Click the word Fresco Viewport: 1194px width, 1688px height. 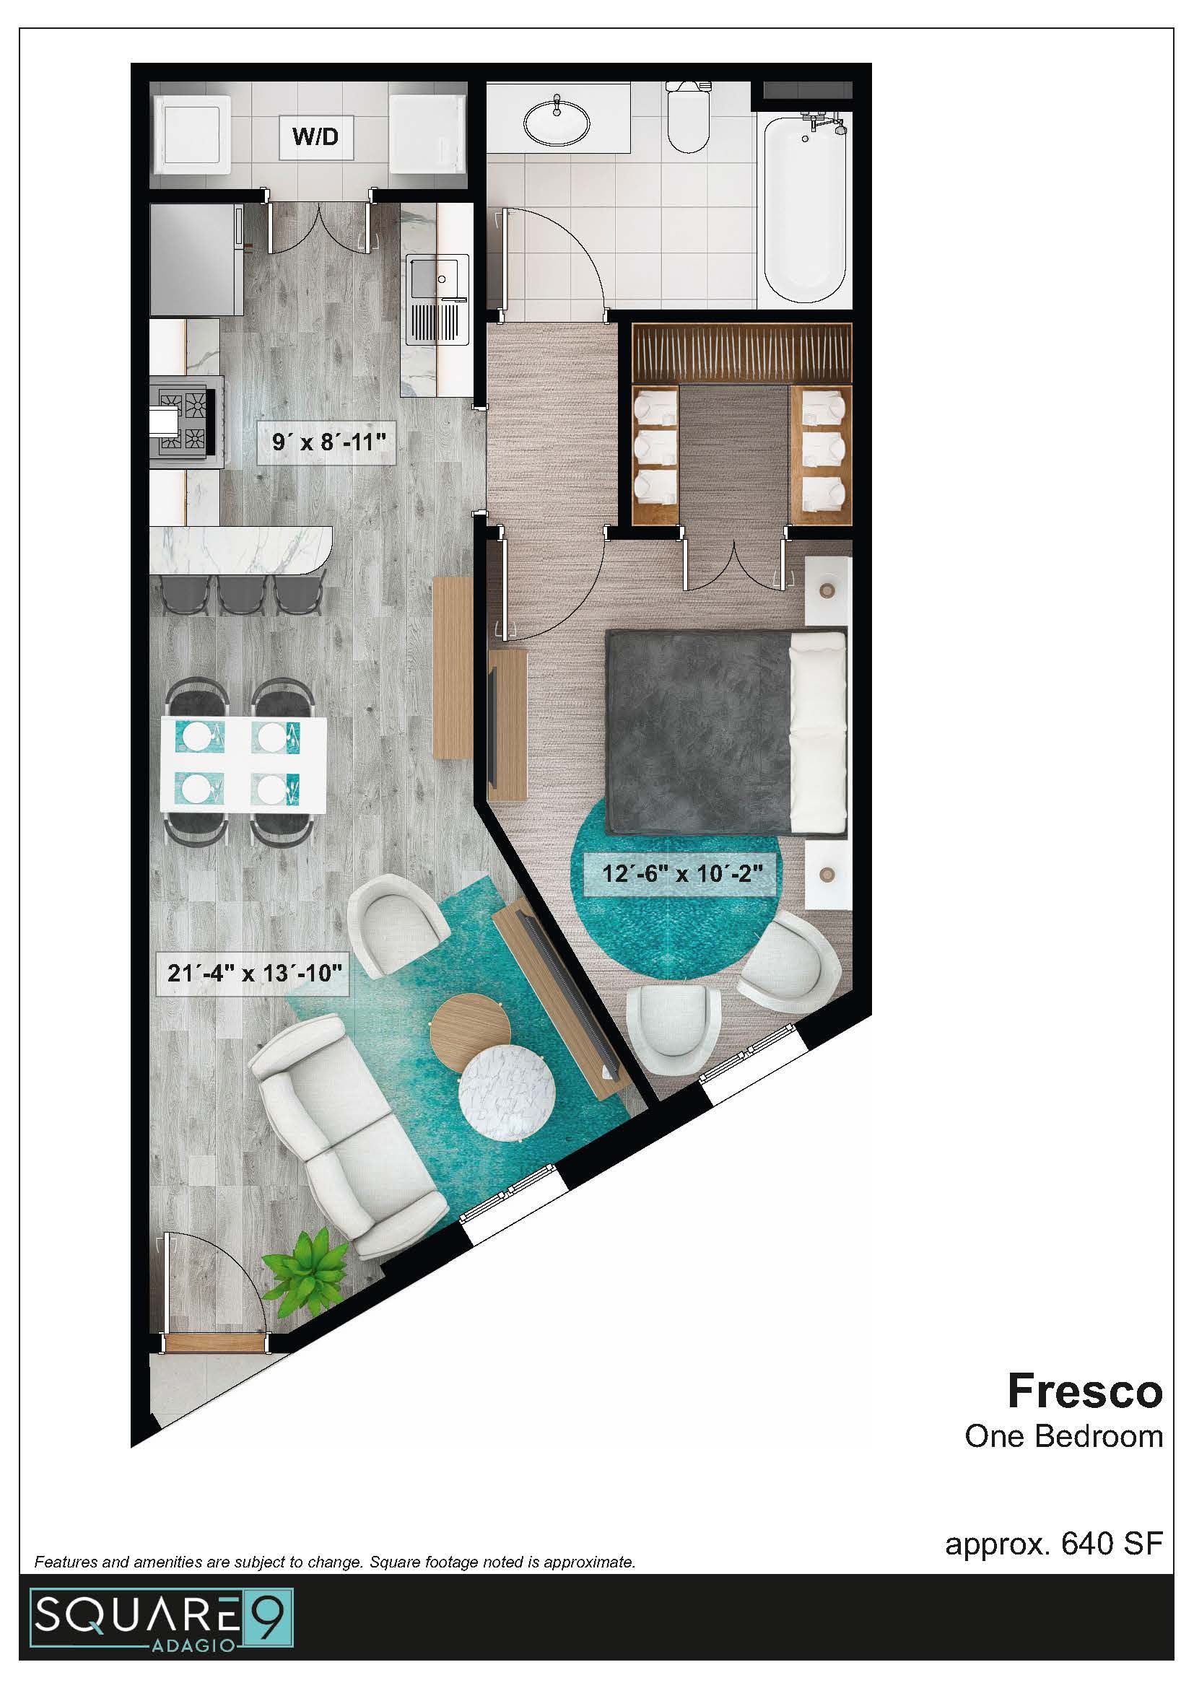1084,1391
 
